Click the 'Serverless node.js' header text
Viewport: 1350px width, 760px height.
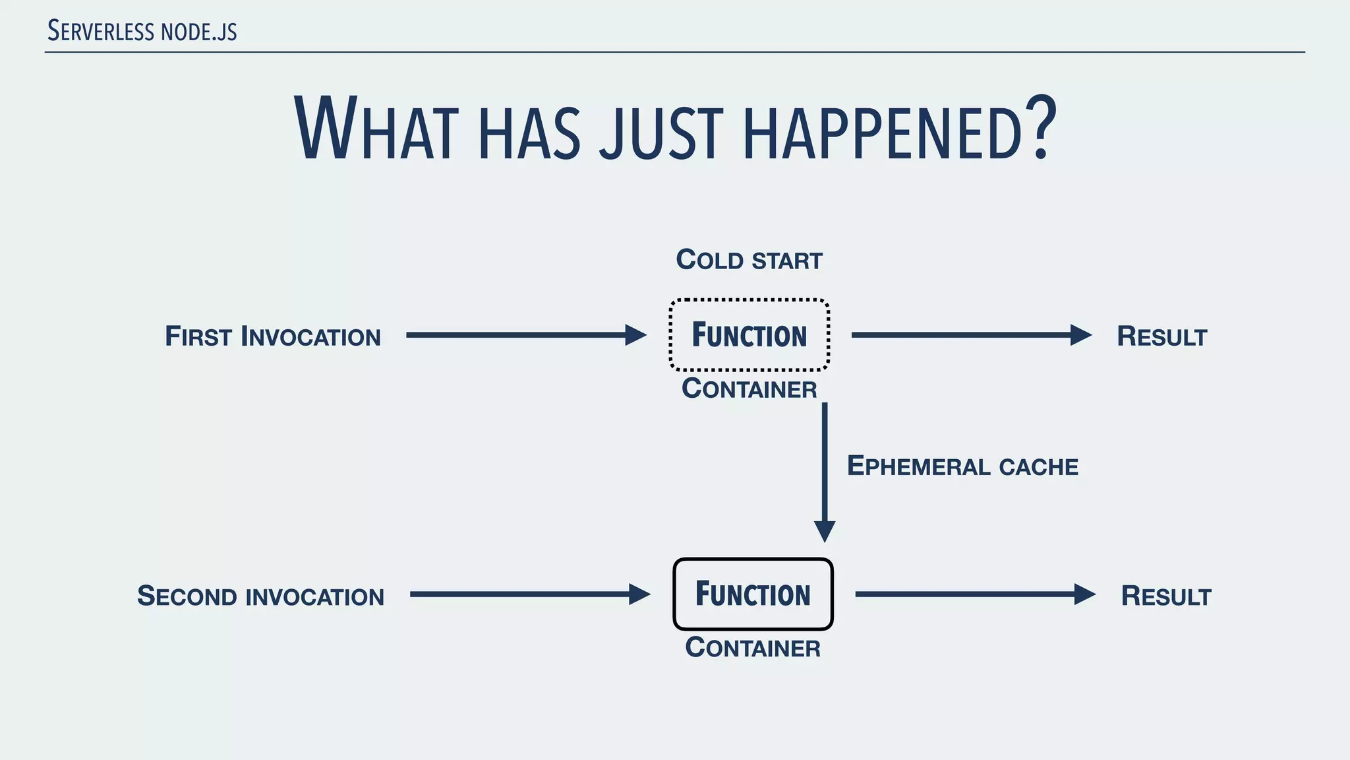(x=142, y=31)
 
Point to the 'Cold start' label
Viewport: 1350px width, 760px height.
(x=749, y=260)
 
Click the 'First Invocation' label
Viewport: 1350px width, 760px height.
(x=273, y=336)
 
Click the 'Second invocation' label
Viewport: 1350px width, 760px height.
(x=260, y=596)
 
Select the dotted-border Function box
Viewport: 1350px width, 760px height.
(x=749, y=335)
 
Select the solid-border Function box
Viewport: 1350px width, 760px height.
(x=753, y=594)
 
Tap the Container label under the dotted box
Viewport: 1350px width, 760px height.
(x=749, y=389)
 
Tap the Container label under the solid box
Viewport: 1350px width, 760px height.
(x=753, y=648)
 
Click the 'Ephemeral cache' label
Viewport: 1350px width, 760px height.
(x=962, y=466)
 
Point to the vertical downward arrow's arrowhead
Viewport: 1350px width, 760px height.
(x=825, y=530)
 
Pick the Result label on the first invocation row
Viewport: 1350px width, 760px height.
(x=1161, y=336)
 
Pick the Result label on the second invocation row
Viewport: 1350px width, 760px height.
(x=1165, y=596)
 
